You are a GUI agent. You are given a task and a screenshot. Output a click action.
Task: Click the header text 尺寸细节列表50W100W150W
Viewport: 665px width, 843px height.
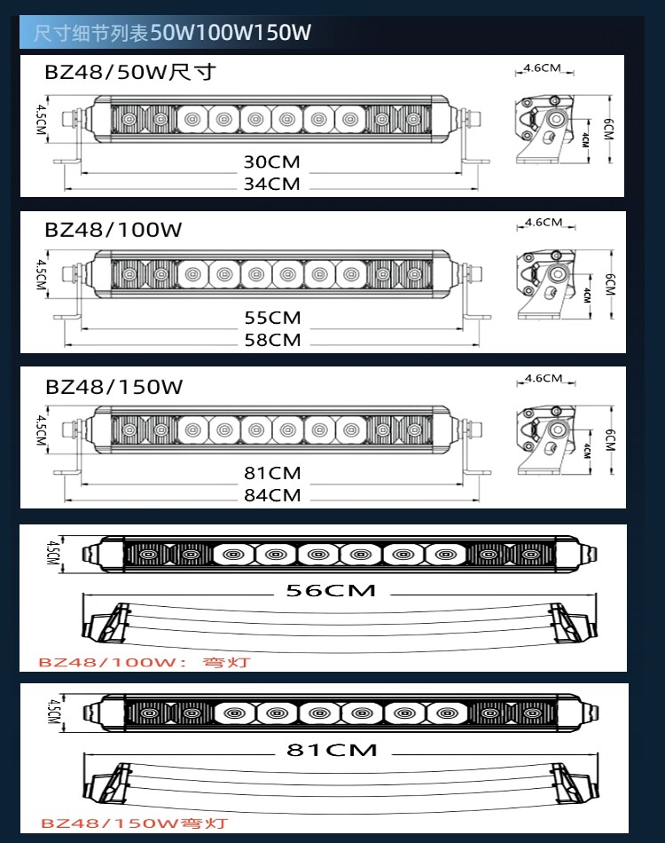click(173, 34)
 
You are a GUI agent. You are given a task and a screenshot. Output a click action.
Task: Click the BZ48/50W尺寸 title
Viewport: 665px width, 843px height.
click(130, 72)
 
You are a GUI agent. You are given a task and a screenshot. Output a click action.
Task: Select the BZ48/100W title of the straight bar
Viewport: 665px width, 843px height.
click(113, 230)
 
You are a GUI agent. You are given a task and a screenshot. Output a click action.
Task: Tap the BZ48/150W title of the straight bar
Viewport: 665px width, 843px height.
click(113, 387)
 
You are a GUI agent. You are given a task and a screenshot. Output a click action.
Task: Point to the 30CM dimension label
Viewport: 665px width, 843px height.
click(272, 162)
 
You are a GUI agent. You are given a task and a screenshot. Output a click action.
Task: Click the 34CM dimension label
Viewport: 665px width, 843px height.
click(272, 184)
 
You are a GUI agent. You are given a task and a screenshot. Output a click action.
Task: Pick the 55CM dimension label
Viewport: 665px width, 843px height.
click(272, 317)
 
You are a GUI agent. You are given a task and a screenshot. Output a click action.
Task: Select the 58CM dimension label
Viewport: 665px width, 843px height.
click(272, 339)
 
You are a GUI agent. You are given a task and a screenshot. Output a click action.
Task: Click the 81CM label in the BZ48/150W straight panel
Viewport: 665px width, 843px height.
click(272, 472)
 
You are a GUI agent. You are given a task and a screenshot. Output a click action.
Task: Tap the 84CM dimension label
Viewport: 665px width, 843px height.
click(272, 494)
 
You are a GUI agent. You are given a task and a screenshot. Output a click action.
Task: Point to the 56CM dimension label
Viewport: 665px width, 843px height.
click(331, 590)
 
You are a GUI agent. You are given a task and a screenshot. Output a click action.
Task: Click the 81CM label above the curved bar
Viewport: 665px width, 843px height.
click(331, 750)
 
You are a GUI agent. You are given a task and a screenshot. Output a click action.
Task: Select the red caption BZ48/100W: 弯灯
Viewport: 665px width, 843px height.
click(145, 662)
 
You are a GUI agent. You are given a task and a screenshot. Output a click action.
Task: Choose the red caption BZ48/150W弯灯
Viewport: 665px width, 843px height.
click(134, 823)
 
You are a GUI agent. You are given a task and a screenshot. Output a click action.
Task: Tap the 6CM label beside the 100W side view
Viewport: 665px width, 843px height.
click(609, 285)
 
